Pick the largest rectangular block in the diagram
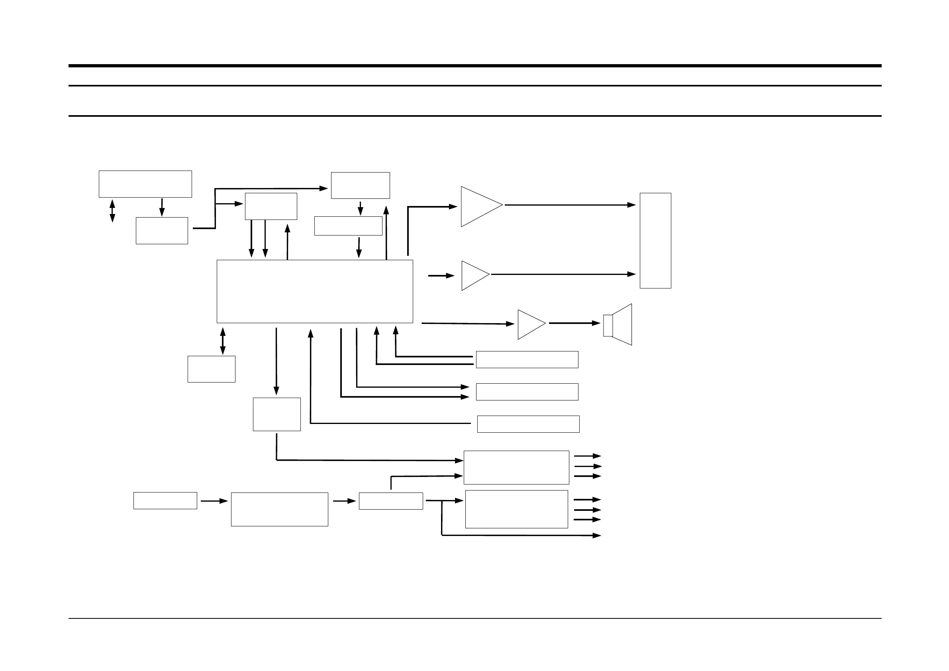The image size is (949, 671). click(315, 291)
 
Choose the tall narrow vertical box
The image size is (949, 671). click(655, 240)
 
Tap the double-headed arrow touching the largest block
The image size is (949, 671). click(223, 341)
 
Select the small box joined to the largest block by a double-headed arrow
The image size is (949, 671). click(211, 369)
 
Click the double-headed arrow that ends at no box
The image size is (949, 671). click(112, 211)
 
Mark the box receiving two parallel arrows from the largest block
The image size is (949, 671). click(527, 392)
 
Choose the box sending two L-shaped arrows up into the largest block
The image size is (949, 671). click(527, 359)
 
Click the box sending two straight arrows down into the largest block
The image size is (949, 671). click(271, 206)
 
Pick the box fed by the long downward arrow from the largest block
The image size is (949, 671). click(276, 414)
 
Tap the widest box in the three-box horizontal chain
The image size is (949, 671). click(279, 509)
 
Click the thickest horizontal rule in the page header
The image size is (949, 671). click(474, 66)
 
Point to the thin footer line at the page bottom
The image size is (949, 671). click(474, 618)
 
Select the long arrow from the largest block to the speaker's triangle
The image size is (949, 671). click(467, 323)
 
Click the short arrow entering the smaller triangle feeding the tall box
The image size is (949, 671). click(441, 275)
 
